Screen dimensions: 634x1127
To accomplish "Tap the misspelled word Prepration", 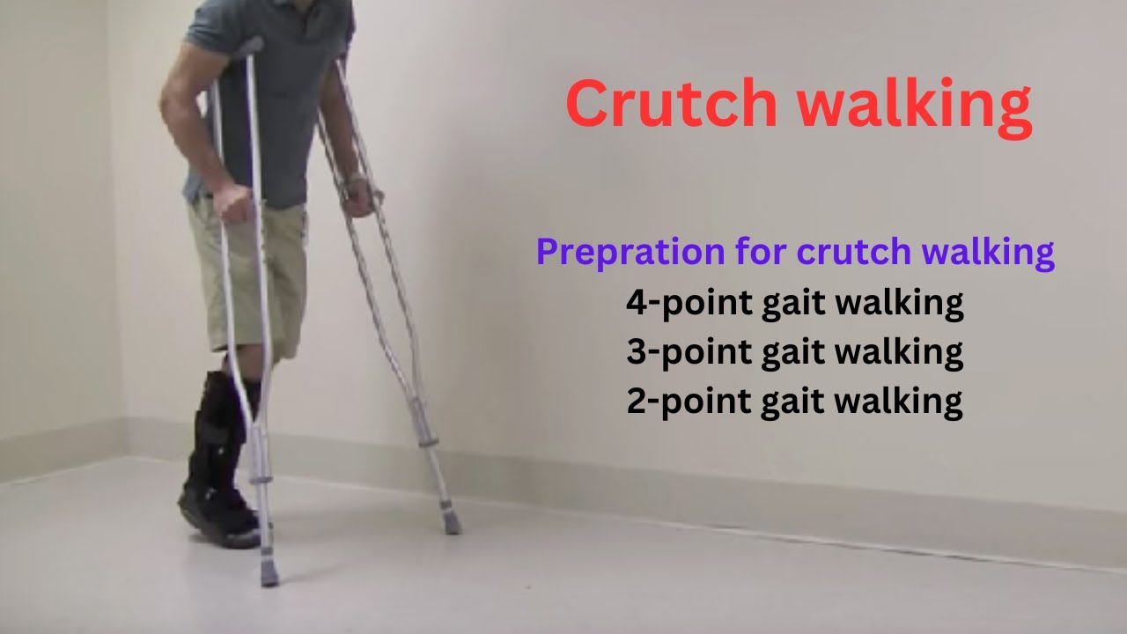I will click(x=630, y=254).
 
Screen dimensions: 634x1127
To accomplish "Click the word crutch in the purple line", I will click(x=853, y=253).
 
